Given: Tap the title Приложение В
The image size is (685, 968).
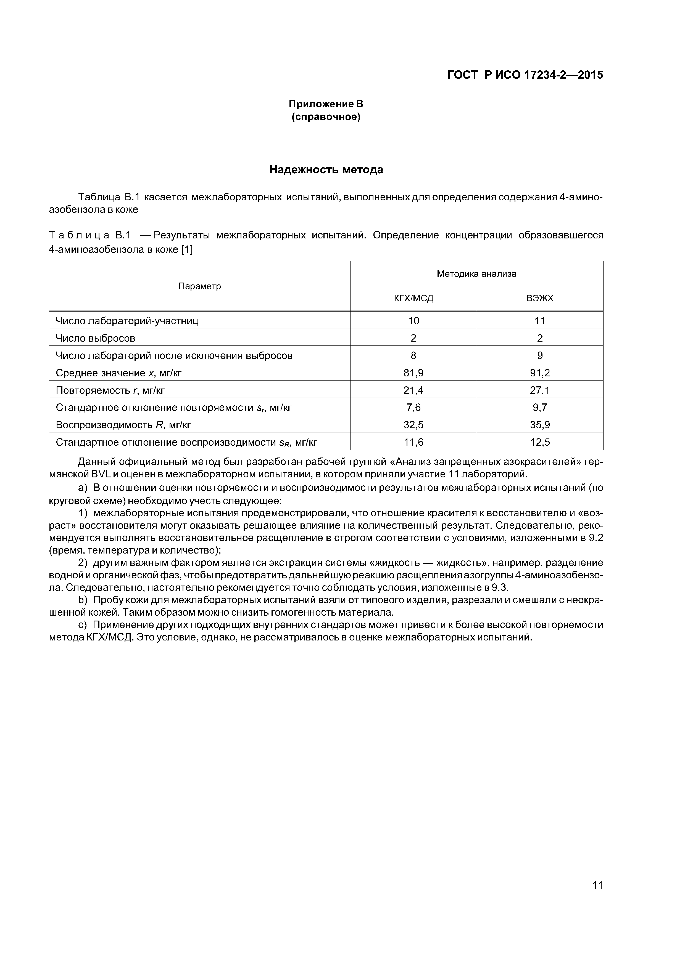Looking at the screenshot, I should coord(326,104).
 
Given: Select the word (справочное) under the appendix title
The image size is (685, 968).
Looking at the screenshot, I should coord(326,117).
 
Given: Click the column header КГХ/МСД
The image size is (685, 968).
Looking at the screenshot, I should coord(413,299).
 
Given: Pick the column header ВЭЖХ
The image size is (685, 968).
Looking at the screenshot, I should coord(539,299).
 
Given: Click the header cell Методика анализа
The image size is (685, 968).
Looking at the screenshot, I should coord(476,274).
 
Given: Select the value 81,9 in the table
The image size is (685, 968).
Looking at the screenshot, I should coord(413,373).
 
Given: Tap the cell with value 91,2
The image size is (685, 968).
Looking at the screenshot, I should coord(539,373).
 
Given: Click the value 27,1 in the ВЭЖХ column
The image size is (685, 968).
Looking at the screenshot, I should coord(539,390).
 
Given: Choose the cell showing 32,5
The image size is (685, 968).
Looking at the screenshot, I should coord(413,425).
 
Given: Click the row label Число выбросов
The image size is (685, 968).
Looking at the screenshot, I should coord(95,338).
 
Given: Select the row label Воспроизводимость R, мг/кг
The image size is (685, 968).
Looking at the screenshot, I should coord(123,425).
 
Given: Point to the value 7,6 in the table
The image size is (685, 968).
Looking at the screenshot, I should coord(413,407).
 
